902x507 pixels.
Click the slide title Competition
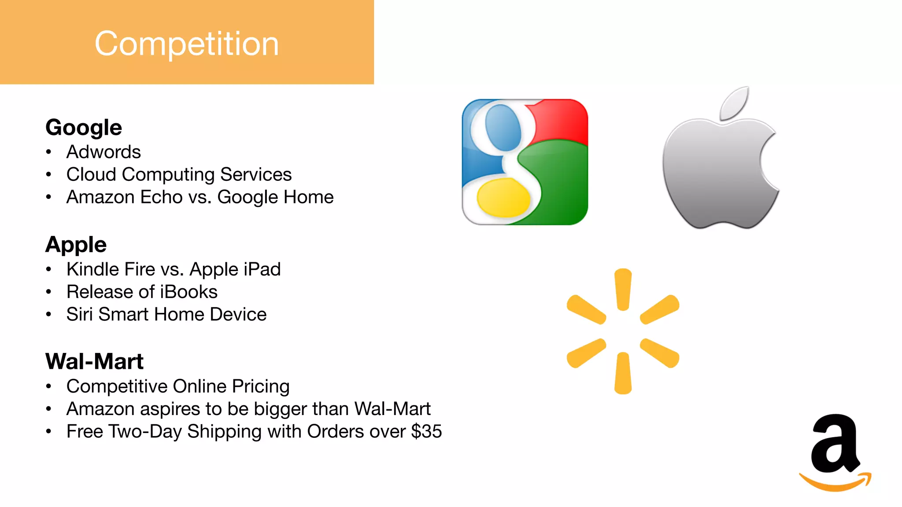click(x=187, y=44)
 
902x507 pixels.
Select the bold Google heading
click(x=84, y=128)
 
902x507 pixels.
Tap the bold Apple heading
click(x=76, y=245)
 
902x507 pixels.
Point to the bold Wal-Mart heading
click(x=94, y=362)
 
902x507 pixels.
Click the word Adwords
click(x=104, y=152)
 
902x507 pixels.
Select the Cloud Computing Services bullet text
click(x=179, y=175)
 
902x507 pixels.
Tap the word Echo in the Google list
click(x=161, y=197)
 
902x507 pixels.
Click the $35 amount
click(x=426, y=431)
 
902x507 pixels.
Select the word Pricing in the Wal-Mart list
click(x=261, y=386)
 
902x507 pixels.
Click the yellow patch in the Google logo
click(x=503, y=198)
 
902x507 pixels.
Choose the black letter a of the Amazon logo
click(x=835, y=445)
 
